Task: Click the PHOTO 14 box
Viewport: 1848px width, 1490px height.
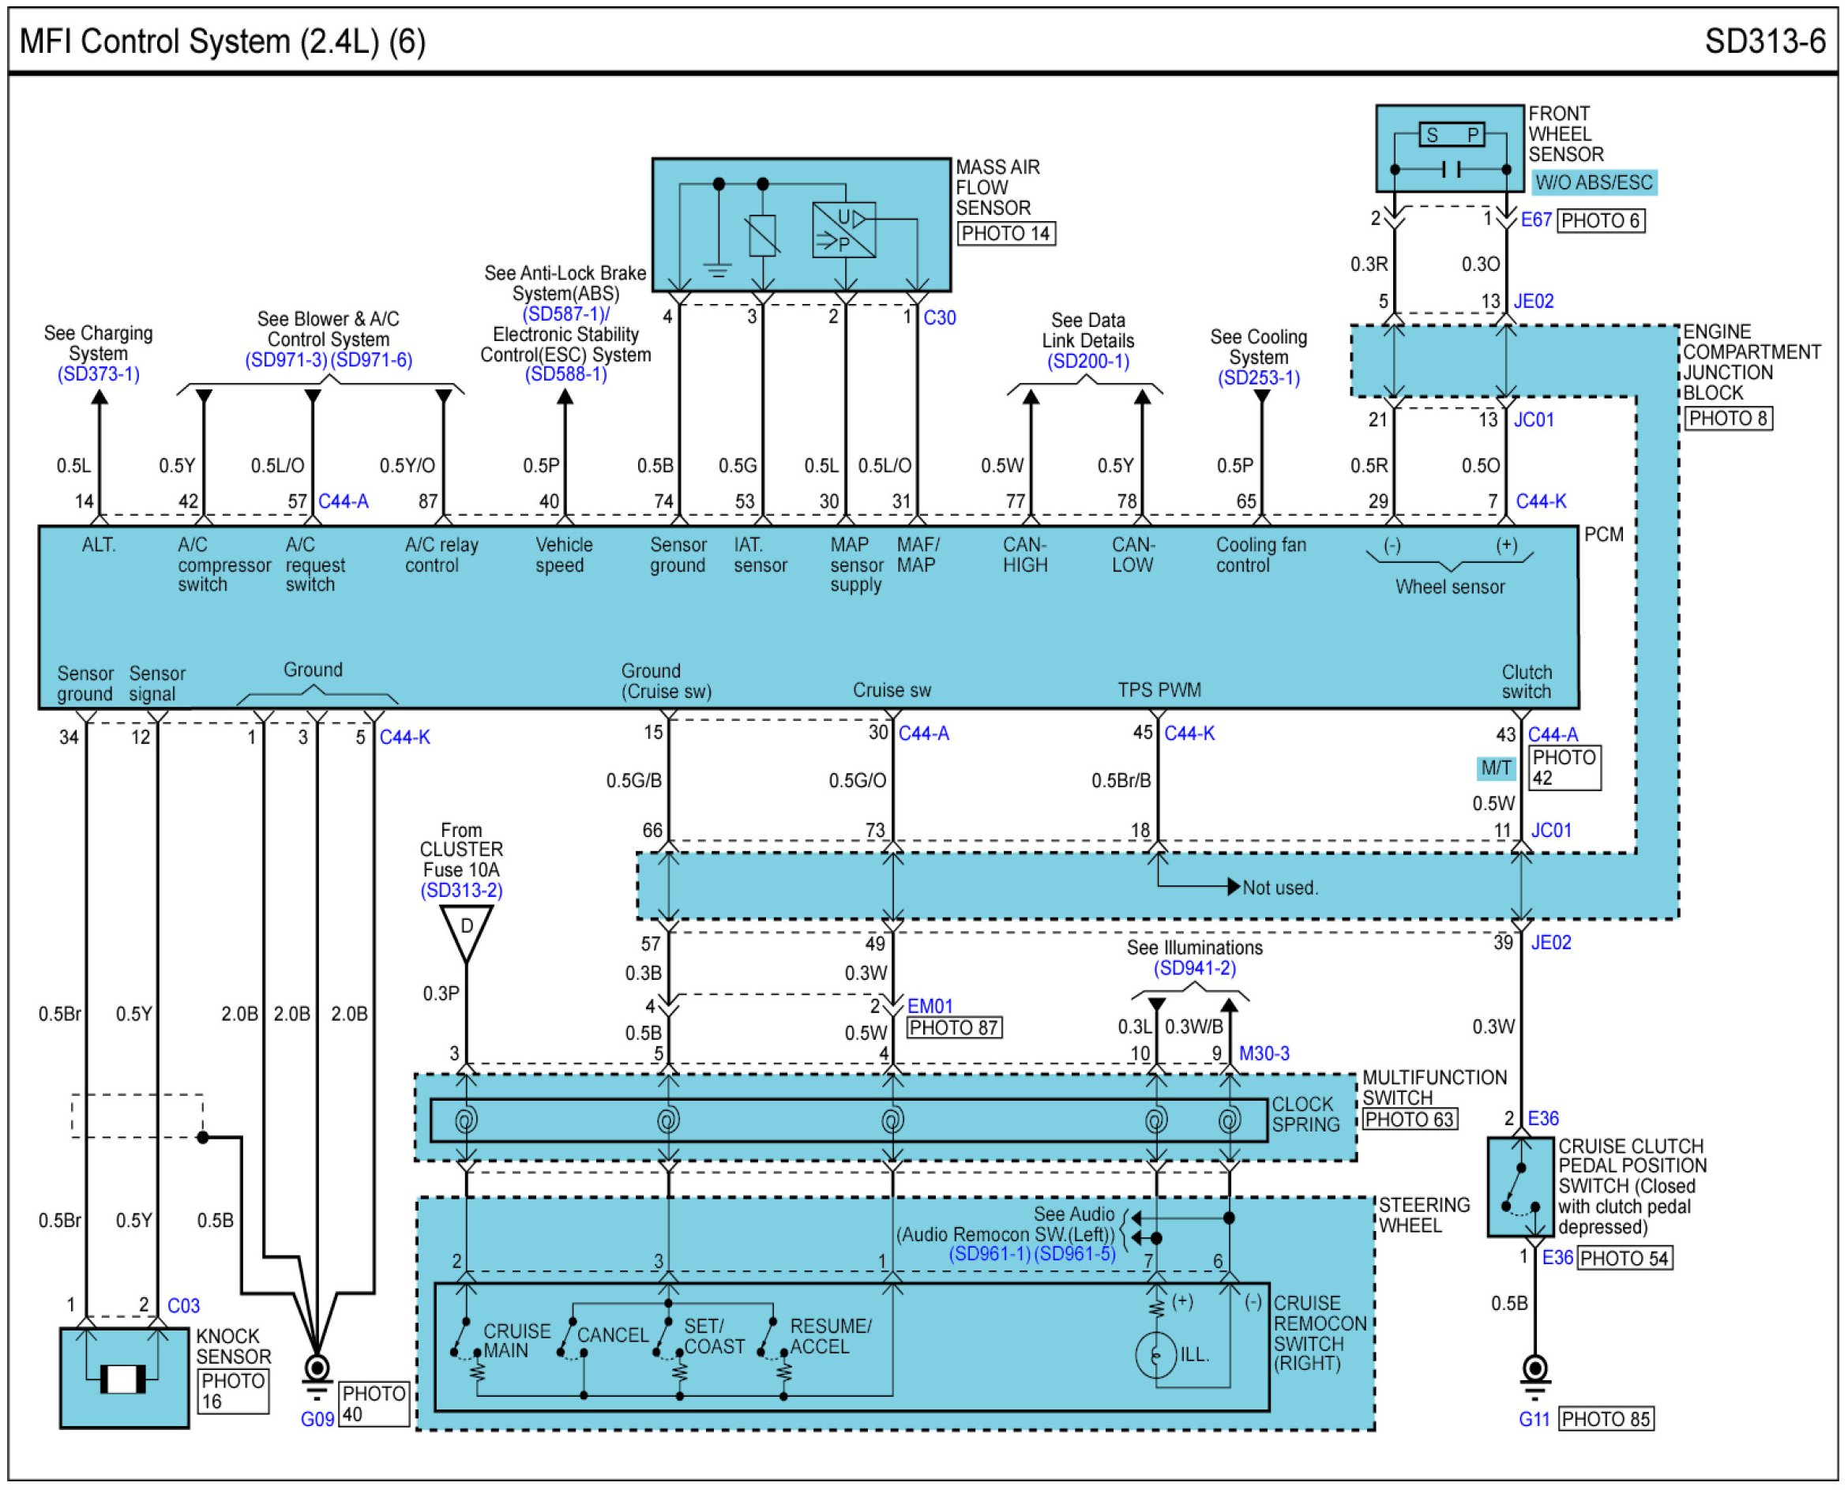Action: point(1006,234)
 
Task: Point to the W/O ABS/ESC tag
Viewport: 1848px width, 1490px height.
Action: point(1594,182)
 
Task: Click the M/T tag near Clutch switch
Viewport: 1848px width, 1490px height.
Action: point(1496,768)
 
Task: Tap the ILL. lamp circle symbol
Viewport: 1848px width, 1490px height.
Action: point(1156,1355)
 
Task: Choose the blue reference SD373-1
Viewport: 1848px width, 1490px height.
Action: point(99,374)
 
